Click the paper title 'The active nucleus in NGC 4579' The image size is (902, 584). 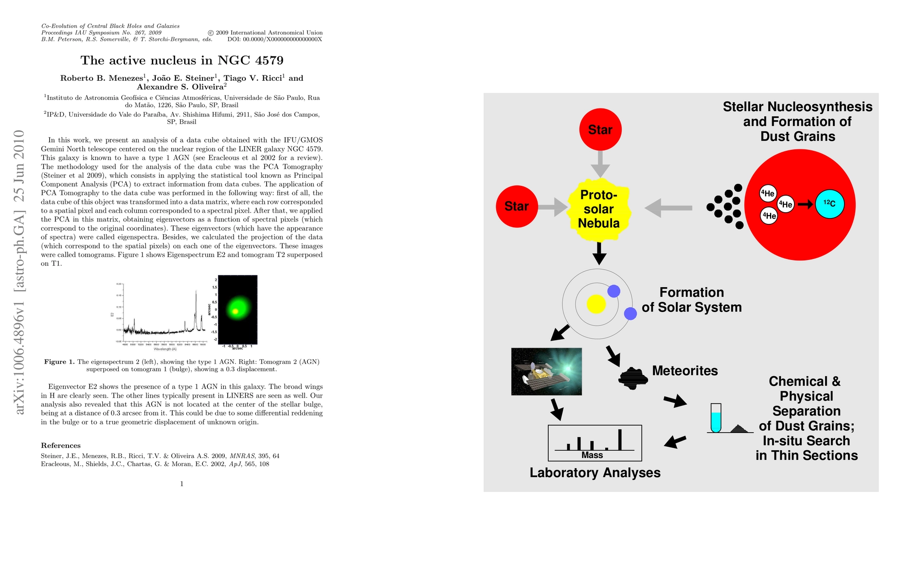pyautogui.click(x=181, y=60)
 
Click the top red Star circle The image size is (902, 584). pyautogui.click(x=600, y=129)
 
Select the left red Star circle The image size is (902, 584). pyautogui.click(x=517, y=206)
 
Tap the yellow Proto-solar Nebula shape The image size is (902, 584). pyautogui.click(x=599, y=209)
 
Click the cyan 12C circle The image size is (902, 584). pyautogui.click(x=830, y=203)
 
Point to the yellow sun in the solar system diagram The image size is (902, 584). pyautogui.click(x=596, y=304)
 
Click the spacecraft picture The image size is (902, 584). pyautogui.click(x=546, y=371)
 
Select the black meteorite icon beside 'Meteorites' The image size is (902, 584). pyautogui.click(x=633, y=378)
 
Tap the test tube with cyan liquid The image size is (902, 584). pyautogui.click(x=716, y=418)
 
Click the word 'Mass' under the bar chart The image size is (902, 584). pyautogui.click(x=592, y=456)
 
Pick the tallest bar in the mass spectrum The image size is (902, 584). pyautogui.click(x=620, y=439)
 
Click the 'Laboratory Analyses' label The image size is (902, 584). pyautogui.click(x=595, y=473)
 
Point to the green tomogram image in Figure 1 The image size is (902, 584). pyautogui.click(x=237, y=310)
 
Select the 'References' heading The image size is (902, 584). pyautogui.click(x=61, y=445)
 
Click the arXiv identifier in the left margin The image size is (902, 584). pyautogui.click(x=19, y=273)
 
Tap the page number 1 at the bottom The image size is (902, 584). pyautogui.click(x=181, y=484)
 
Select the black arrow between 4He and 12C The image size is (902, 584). pyautogui.click(x=805, y=204)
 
